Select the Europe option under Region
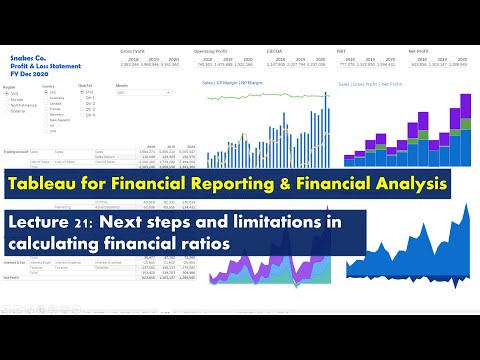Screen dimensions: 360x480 coord(19,98)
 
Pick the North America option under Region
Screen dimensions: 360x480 coord(25,105)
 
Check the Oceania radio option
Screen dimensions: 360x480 coord(20,111)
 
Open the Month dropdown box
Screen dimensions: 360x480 coord(135,92)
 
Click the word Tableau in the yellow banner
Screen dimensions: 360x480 coord(42,183)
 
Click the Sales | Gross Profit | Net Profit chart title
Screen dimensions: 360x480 coord(371,86)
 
